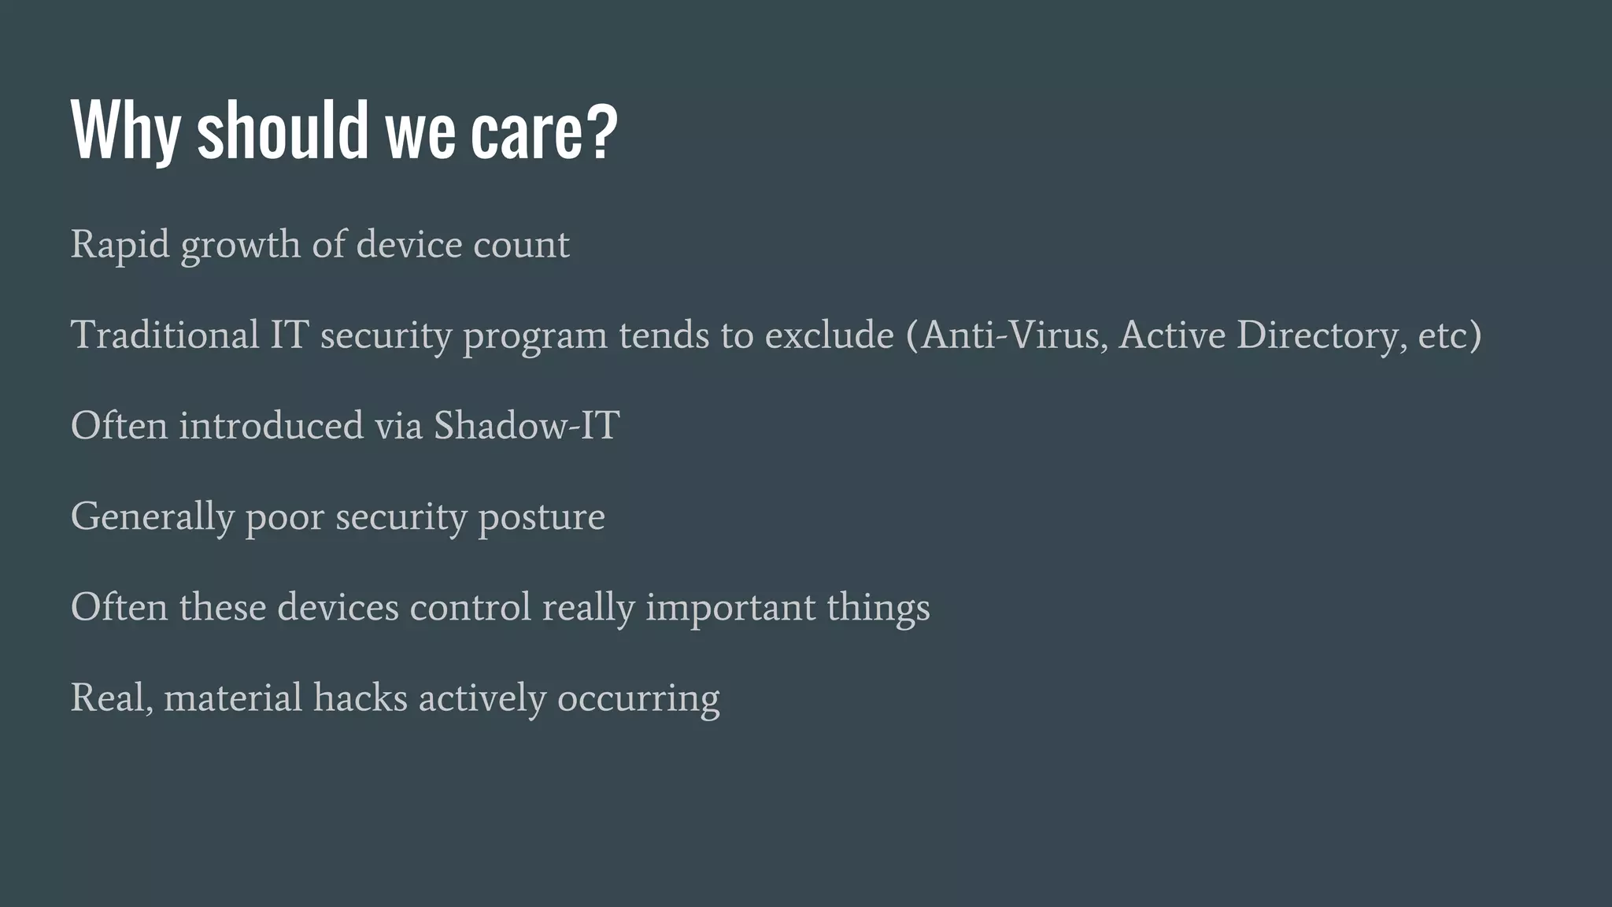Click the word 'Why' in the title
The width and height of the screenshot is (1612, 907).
point(125,130)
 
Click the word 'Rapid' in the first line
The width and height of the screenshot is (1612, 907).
point(120,245)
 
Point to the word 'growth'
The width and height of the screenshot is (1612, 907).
point(240,246)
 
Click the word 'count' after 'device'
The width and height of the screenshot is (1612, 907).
point(521,245)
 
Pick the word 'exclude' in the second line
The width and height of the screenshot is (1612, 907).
point(830,335)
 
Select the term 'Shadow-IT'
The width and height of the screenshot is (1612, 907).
point(527,425)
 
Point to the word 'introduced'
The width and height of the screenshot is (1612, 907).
point(271,425)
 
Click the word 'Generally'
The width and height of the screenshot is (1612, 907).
point(153,517)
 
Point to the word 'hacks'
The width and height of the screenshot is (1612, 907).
point(360,698)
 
